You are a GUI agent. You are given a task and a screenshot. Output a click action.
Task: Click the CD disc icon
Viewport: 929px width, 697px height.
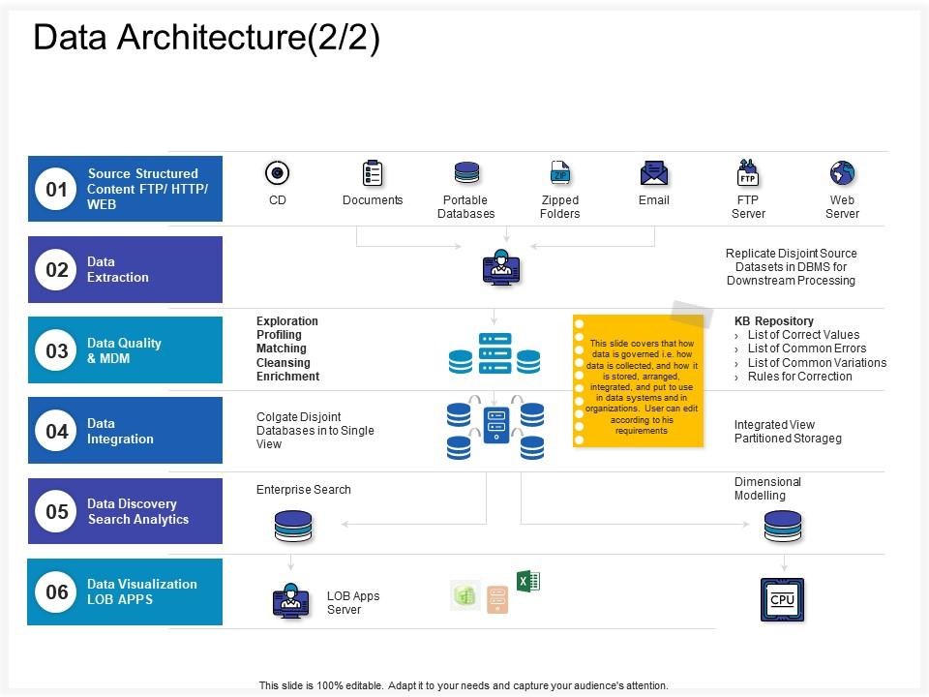pos(278,173)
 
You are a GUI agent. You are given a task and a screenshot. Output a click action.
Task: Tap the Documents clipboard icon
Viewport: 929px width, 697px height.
pos(373,173)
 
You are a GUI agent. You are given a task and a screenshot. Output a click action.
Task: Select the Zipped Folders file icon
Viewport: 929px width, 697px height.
pos(559,173)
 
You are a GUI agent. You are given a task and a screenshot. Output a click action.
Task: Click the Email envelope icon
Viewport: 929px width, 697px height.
pos(654,173)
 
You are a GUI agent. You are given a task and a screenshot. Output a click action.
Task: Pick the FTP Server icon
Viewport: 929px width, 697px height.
pos(747,173)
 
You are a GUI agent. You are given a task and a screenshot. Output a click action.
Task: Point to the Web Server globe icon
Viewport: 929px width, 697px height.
pos(842,173)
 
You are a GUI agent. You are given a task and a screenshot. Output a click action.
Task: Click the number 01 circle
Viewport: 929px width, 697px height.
pos(57,190)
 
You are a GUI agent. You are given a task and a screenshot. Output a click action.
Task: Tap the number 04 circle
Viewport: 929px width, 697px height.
pos(57,431)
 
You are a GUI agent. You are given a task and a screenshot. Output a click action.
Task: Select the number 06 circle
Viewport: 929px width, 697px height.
pos(57,591)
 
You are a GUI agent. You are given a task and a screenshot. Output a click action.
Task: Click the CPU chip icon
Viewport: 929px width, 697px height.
pos(782,599)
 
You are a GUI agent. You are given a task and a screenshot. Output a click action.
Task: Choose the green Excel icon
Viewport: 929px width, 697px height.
pos(527,581)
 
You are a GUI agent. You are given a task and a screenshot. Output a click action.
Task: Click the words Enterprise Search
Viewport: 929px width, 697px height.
pos(304,490)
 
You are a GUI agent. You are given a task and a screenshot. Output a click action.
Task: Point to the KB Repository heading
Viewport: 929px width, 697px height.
pos(774,321)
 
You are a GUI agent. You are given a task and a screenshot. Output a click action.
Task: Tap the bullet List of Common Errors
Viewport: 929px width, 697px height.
pos(807,348)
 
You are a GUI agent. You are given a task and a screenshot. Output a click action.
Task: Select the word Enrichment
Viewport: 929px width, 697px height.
pos(287,377)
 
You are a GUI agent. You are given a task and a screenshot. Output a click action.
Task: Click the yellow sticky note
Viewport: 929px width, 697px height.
pos(638,382)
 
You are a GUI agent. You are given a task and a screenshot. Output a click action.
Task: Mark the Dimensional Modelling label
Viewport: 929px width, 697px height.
pos(767,489)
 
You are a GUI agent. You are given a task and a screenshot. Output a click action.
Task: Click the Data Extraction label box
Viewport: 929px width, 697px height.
pos(126,270)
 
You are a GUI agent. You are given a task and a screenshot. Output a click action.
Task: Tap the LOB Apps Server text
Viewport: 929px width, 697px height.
pos(353,603)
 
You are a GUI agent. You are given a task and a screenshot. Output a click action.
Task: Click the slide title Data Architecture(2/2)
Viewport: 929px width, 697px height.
pos(206,38)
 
